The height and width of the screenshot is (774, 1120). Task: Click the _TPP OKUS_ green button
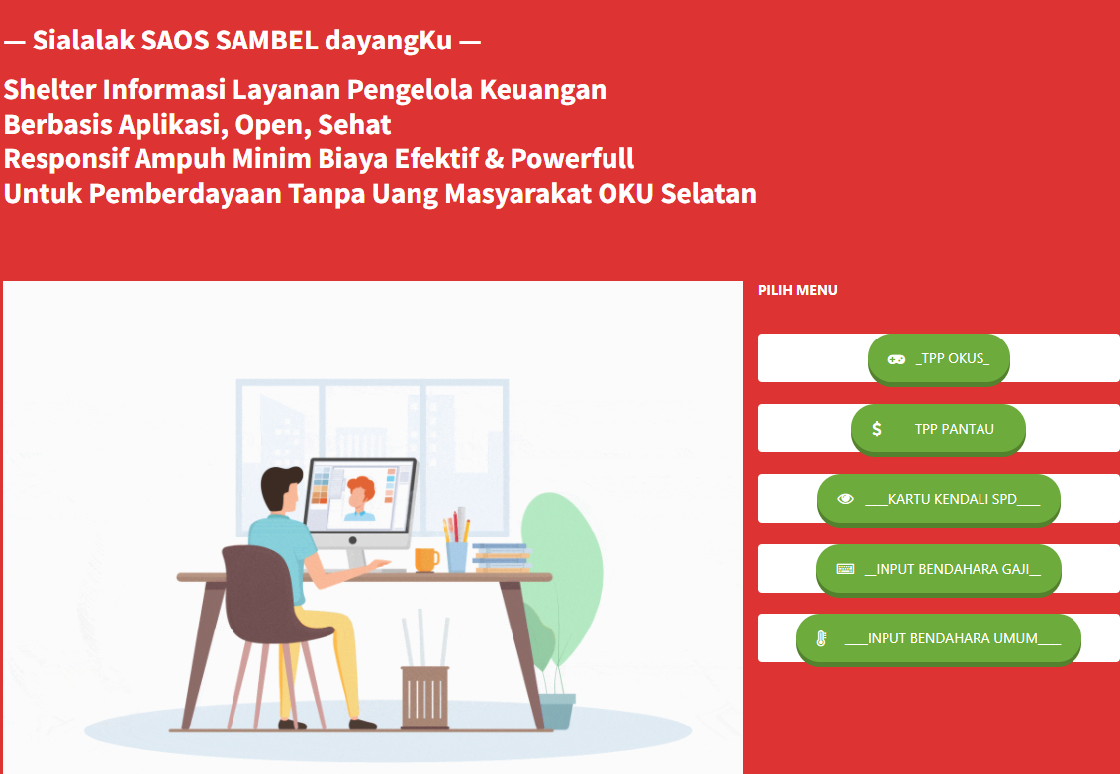[939, 359]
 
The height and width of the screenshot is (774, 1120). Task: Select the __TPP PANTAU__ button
[938, 430]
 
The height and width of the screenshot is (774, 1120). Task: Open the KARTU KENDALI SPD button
[939, 500]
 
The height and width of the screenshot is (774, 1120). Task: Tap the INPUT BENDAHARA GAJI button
[939, 569]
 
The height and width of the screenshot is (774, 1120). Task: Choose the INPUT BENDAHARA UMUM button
[939, 639]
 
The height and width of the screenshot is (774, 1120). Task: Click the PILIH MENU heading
[797, 290]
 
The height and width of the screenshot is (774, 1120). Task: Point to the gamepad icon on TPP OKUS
[896, 359]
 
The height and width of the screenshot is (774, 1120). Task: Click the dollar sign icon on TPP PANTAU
[877, 429]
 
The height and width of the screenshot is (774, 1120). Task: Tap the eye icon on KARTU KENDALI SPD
[846, 499]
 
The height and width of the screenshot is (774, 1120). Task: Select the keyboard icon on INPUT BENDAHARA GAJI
[845, 569]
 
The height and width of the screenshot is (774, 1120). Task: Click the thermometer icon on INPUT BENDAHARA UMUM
[821, 639]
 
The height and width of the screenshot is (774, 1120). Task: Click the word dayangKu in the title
[389, 42]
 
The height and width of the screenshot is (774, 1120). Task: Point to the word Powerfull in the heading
[572, 159]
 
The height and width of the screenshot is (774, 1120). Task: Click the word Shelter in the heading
[50, 90]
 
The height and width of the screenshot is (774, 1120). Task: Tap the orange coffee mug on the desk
[426, 560]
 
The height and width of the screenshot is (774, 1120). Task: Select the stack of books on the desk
[502, 558]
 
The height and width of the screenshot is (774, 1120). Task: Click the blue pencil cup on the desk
[457, 557]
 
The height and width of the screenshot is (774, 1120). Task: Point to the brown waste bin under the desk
[425, 698]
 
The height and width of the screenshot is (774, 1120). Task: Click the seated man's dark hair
[281, 486]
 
